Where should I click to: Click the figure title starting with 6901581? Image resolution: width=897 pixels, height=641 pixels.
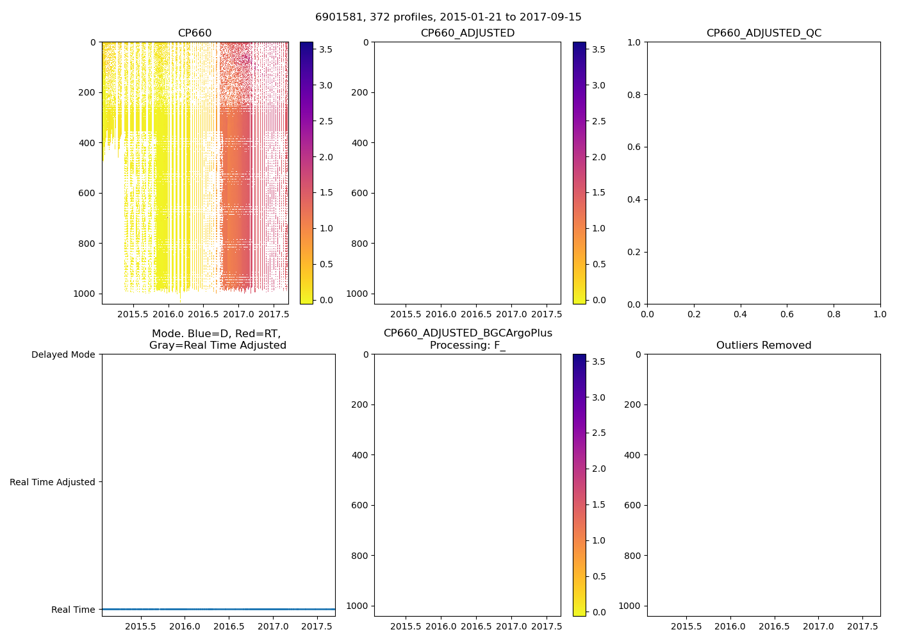(x=448, y=17)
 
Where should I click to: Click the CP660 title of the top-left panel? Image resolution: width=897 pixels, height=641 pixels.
(x=195, y=33)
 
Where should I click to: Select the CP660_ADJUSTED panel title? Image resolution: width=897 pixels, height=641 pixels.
(x=467, y=33)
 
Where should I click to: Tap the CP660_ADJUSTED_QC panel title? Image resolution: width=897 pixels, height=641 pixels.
(x=764, y=33)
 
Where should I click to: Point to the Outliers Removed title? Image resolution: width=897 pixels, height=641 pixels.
(x=764, y=345)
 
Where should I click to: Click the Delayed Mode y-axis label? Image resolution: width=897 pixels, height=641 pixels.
(x=63, y=354)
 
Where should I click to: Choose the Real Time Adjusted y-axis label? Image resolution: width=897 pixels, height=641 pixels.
(x=53, y=482)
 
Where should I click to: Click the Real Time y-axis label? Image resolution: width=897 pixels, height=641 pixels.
(x=73, y=610)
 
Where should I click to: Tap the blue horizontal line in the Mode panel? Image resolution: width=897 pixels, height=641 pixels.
(x=218, y=609)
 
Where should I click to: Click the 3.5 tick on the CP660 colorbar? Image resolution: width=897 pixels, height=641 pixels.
(x=326, y=49)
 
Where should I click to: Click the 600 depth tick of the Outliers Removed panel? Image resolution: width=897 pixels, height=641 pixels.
(x=632, y=505)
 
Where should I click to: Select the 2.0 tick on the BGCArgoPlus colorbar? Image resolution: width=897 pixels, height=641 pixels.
(x=598, y=469)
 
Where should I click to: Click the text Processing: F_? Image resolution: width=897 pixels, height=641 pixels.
(x=467, y=345)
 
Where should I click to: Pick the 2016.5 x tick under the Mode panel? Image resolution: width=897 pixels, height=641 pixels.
(x=229, y=627)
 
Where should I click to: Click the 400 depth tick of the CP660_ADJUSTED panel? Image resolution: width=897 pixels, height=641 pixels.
(x=359, y=143)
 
